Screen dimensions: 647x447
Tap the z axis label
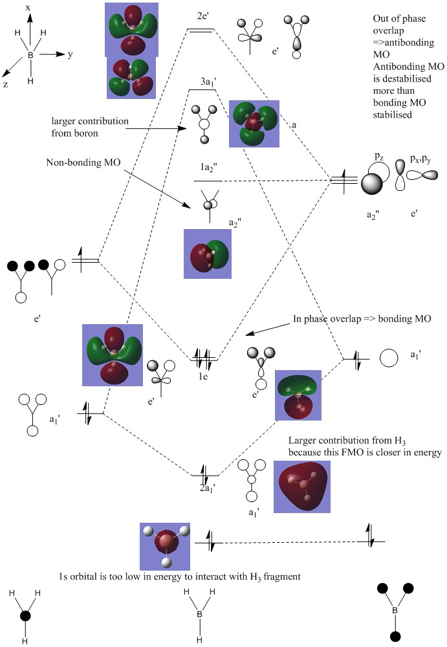[x=5, y=83]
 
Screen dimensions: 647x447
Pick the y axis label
[x=70, y=55]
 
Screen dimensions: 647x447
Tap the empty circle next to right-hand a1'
[x=389, y=357]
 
